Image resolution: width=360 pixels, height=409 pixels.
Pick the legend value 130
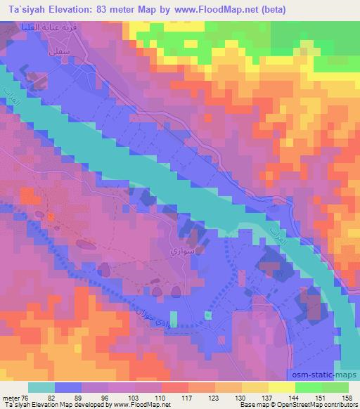click(x=222, y=398)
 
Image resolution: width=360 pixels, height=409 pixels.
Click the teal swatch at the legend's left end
click(x=41, y=387)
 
